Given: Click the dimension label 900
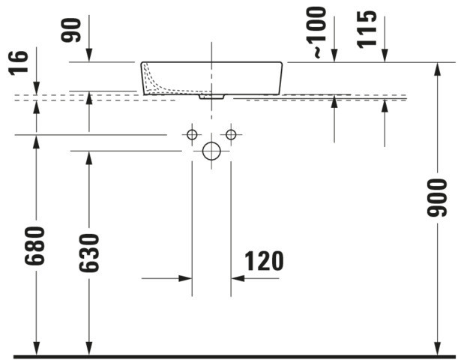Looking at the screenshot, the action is click(437, 198).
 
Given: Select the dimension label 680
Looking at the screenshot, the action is click(34, 246).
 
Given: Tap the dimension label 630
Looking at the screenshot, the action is click(89, 253).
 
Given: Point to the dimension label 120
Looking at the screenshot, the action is click(264, 261).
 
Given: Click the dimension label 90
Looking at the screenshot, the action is click(70, 30).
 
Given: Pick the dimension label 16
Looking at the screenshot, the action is click(18, 63).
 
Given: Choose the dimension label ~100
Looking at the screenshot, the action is click(316, 33).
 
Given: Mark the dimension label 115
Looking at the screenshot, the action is click(367, 29).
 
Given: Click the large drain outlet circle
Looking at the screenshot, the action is click(211, 151).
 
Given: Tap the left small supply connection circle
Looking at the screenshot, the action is click(192, 135).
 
